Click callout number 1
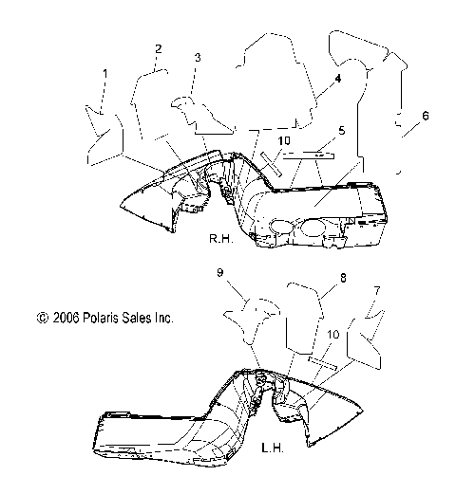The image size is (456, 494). coord(105,73)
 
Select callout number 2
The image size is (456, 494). coord(159,48)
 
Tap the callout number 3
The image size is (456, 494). coord(197,58)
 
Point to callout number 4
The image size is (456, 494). coord(337,81)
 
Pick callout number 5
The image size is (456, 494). coord(342,130)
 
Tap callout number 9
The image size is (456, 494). coord(219,273)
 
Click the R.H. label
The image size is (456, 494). coord(221,241)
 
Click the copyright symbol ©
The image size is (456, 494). coord(40,320)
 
